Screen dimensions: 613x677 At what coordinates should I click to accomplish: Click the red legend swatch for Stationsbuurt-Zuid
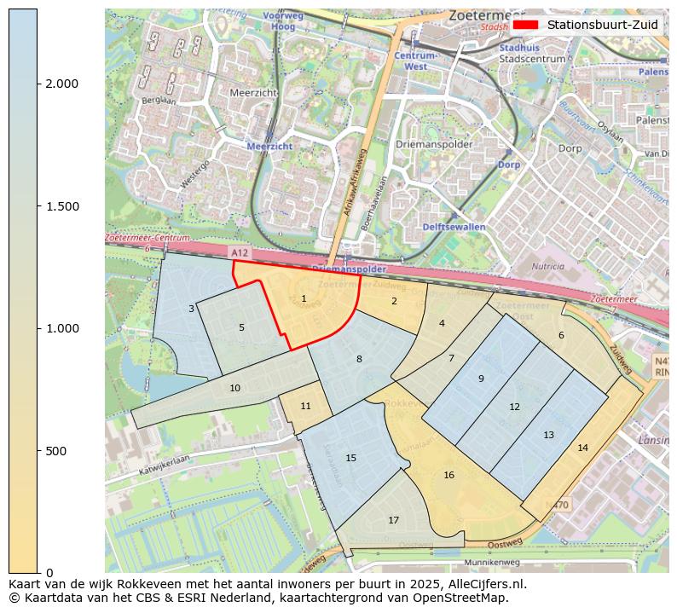(x=525, y=25)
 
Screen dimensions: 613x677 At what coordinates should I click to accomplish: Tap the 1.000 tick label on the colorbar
(x=62, y=328)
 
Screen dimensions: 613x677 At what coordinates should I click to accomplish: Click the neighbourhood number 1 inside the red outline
(x=304, y=298)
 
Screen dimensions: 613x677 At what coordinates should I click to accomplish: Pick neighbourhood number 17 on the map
(x=393, y=520)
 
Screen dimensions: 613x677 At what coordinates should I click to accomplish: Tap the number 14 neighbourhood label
(x=582, y=448)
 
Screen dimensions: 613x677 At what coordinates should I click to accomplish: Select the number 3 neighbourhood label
(x=191, y=309)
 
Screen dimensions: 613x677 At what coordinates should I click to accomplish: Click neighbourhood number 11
(x=305, y=406)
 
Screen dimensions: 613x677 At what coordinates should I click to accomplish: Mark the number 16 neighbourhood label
(x=448, y=475)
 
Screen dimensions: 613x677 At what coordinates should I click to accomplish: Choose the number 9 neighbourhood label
(x=481, y=379)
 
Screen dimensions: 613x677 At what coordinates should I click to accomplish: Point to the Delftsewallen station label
(x=454, y=227)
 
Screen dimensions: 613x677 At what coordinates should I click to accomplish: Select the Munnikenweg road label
(x=491, y=563)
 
